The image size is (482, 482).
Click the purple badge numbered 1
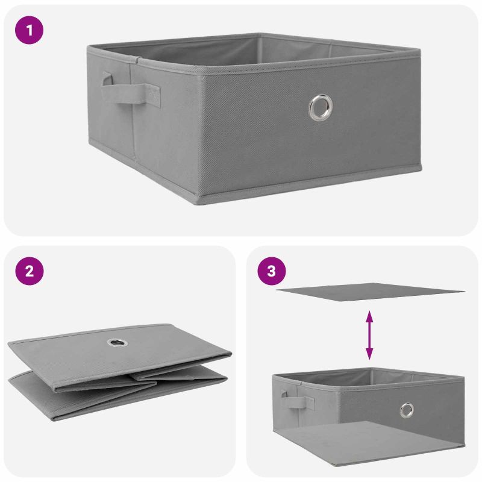tap(29, 30)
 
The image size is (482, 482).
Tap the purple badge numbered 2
tap(29, 271)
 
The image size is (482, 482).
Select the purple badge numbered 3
tap(272, 271)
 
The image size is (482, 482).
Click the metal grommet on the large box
tap(321, 107)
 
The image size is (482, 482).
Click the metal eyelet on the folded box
tap(117, 342)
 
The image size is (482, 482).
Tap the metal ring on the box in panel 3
tap(407, 410)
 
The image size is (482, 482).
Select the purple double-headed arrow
tap(369, 335)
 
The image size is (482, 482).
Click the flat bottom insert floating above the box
tap(370, 292)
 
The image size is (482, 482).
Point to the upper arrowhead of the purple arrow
tap(369, 316)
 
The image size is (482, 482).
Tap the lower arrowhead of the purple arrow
tap(369, 354)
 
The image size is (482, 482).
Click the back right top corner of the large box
tap(419, 49)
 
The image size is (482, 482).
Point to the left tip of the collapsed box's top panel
tap(9, 343)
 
